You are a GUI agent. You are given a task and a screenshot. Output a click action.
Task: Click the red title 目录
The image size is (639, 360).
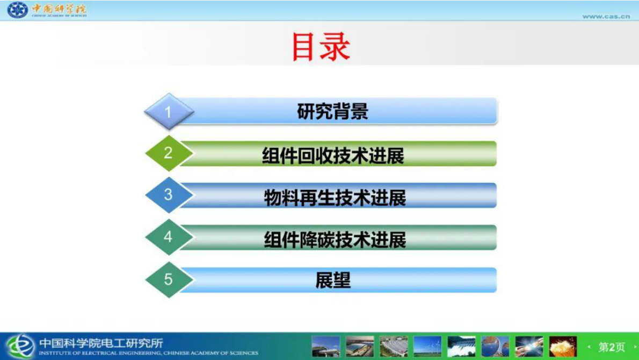coord(321,47)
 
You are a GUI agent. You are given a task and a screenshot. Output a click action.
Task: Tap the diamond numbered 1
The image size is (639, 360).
coord(169,112)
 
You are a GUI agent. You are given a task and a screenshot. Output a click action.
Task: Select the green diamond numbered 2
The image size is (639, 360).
coord(169,153)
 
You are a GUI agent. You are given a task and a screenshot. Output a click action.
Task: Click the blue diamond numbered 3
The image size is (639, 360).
coord(169,195)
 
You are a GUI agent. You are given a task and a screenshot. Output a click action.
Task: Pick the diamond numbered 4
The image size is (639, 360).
coord(169,236)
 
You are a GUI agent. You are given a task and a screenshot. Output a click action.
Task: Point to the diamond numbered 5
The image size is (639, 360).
coord(169,279)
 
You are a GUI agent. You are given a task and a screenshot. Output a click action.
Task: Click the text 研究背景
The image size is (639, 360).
coord(333,112)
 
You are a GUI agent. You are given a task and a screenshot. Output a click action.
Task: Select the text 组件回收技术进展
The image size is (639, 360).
coord(333,156)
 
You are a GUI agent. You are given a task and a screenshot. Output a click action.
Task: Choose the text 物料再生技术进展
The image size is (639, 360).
coord(335,198)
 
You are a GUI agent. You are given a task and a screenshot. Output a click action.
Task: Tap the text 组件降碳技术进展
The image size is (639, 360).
coord(335,240)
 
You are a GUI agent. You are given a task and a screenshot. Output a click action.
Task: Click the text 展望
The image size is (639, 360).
coord(333,280)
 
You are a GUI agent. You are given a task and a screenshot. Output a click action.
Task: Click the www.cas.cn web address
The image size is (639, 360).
coord(606,16)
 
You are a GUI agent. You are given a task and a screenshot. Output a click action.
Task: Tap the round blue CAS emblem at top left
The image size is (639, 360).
coord(17,10)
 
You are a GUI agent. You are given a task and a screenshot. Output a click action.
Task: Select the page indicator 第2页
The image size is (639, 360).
coord(612,347)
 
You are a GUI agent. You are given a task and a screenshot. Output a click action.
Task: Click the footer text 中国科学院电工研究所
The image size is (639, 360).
coord(101,343)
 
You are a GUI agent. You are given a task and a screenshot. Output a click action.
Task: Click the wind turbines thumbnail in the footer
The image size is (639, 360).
coord(427,347)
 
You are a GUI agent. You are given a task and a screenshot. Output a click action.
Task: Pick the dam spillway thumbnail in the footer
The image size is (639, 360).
coord(461,347)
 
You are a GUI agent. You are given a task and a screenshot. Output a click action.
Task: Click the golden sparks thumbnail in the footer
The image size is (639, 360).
coord(563,347)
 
